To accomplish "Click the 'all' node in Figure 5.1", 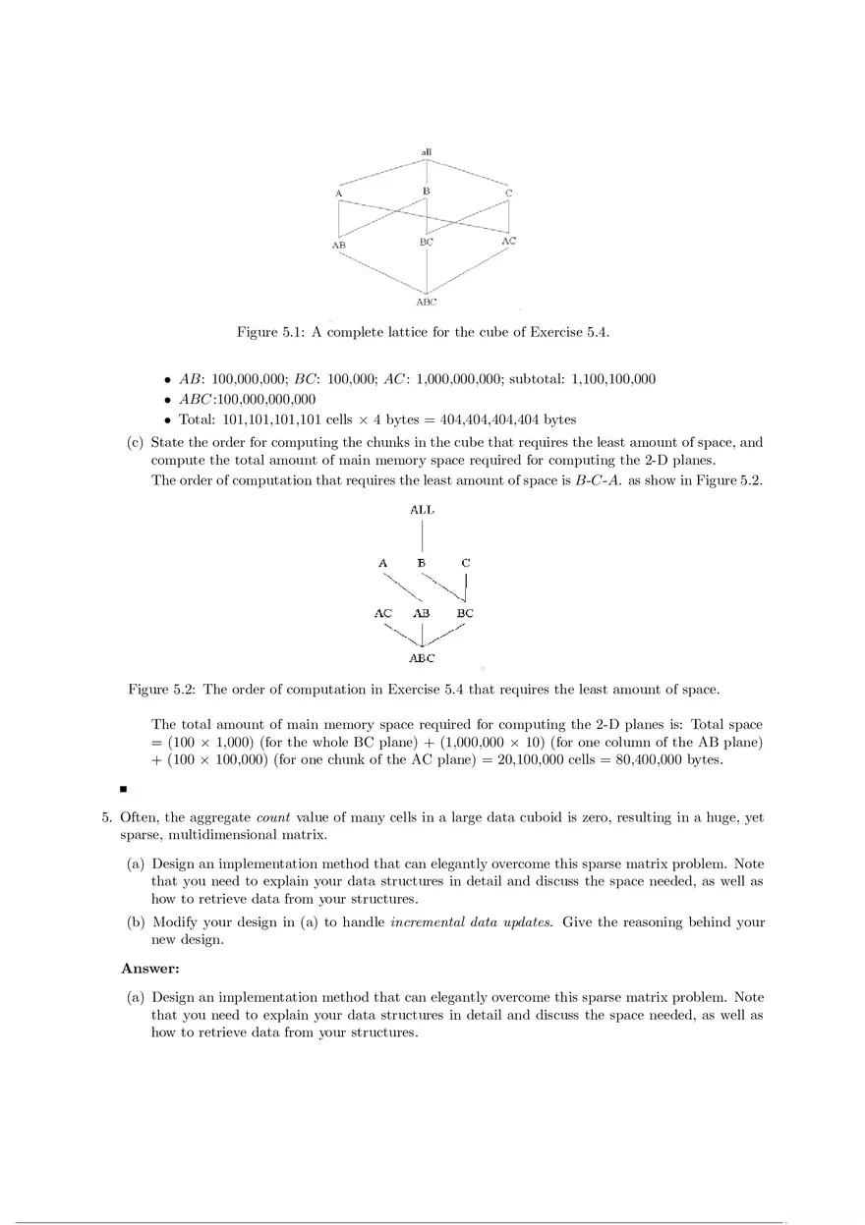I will (x=427, y=152).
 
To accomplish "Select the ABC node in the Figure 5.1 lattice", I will (x=426, y=303).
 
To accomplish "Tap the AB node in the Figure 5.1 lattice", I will (x=338, y=245).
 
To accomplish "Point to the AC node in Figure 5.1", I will (x=508, y=241).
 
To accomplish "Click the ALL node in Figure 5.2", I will (x=422, y=510).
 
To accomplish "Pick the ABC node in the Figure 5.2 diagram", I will (x=422, y=658).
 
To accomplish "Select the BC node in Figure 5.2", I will (x=465, y=613).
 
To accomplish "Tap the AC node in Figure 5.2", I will (x=383, y=613).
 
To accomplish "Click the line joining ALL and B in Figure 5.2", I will (x=422, y=536).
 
